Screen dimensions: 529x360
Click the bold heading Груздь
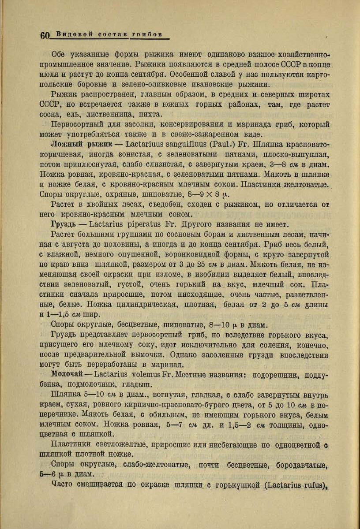[63, 224]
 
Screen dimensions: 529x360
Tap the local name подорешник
[285, 374]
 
